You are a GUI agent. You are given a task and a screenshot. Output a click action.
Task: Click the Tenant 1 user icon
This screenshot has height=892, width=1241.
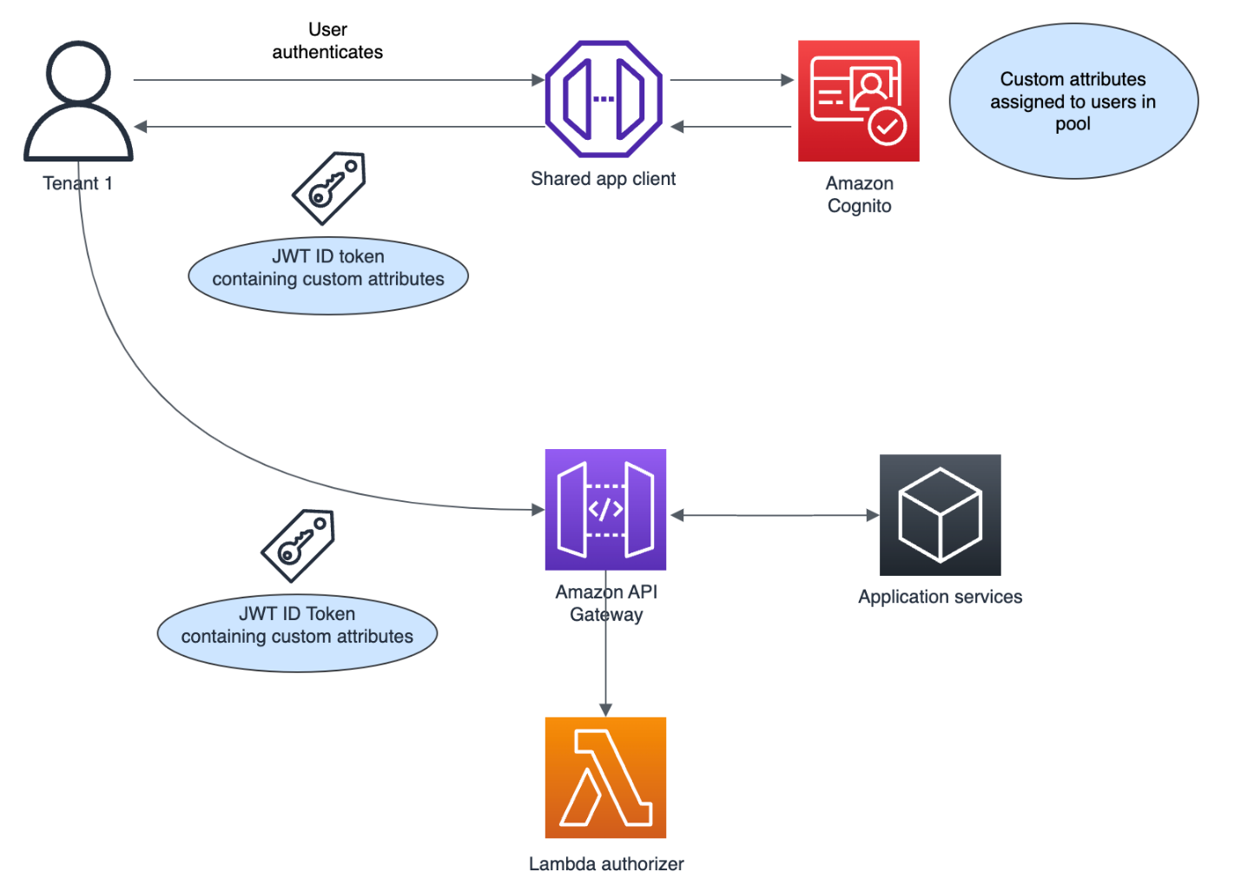[x=78, y=102]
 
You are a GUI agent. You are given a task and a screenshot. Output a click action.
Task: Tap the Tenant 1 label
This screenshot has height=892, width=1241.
[x=77, y=183]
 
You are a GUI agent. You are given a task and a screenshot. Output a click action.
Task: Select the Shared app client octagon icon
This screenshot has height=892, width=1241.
[x=604, y=98]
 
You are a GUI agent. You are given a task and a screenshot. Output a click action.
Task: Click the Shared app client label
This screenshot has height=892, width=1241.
[x=603, y=179]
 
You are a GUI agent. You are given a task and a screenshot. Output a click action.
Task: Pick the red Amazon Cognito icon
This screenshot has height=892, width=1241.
[x=858, y=101]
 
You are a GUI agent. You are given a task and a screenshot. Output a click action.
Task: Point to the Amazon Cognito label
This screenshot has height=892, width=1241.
[x=859, y=195]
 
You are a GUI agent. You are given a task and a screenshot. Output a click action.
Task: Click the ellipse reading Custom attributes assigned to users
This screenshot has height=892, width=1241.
[x=1073, y=102]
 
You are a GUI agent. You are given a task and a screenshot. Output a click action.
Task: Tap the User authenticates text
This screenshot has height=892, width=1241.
[x=327, y=41]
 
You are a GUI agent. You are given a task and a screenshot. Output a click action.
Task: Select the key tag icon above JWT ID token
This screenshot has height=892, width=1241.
[x=329, y=188]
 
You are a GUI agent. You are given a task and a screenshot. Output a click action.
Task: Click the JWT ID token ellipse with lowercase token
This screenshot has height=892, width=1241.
[x=328, y=276]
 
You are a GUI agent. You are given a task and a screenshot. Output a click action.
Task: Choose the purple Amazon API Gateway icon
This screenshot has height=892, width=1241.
[x=605, y=510]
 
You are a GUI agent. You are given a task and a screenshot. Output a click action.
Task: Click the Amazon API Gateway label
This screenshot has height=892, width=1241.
[x=606, y=603]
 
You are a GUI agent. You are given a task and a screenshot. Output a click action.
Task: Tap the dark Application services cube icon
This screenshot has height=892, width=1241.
[x=940, y=515]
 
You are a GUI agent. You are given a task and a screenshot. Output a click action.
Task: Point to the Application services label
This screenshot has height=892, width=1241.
[x=940, y=597]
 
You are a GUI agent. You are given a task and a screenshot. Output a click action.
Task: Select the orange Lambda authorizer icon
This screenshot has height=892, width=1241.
[x=605, y=777]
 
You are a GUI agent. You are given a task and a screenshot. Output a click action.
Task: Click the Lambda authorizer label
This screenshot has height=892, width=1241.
[x=606, y=863]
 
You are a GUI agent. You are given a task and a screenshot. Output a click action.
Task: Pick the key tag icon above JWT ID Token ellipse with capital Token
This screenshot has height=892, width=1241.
[x=299, y=545]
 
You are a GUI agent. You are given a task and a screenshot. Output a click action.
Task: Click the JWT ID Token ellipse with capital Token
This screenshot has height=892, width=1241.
[x=297, y=633]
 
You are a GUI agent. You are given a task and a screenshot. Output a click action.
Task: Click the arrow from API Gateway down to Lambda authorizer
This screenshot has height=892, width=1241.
[x=606, y=669]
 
